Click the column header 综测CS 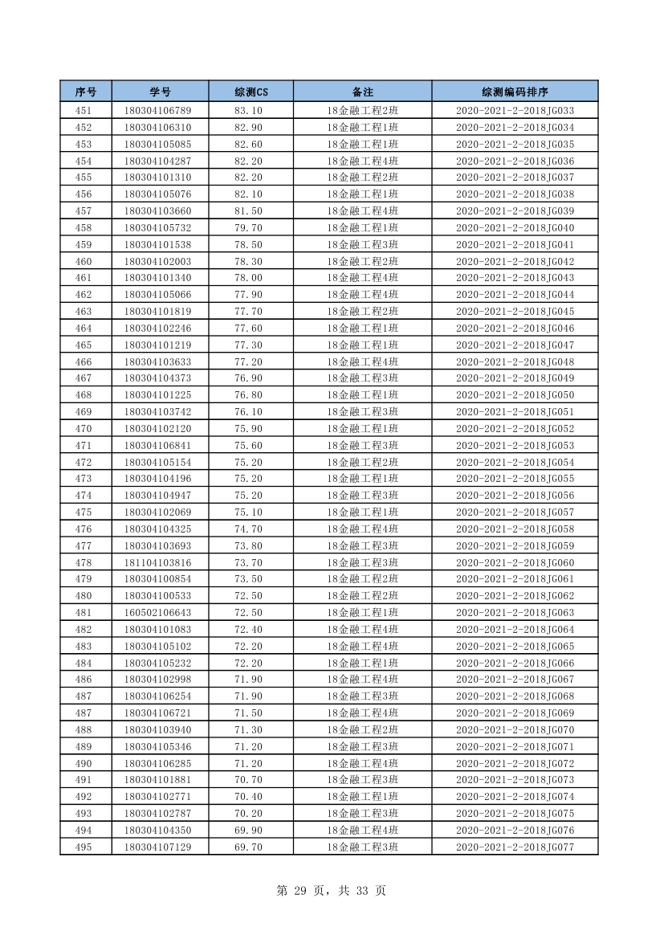tap(251, 92)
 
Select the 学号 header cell tap(160, 92)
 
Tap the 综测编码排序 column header tap(515, 92)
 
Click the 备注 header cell tap(362, 92)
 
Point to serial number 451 tap(84, 111)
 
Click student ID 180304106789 tap(158, 111)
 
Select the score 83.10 tap(248, 111)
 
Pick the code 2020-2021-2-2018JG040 tap(515, 228)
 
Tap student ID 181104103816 tap(158, 562)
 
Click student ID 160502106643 tap(158, 613)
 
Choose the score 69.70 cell tap(248, 847)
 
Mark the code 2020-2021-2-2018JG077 tap(515, 847)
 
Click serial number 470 tap(84, 429)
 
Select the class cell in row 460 tap(362, 262)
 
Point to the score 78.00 tap(248, 278)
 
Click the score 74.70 tap(248, 529)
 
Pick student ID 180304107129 tap(158, 847)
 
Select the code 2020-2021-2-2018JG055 tap(515, 479)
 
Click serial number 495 tap(84, 847)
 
